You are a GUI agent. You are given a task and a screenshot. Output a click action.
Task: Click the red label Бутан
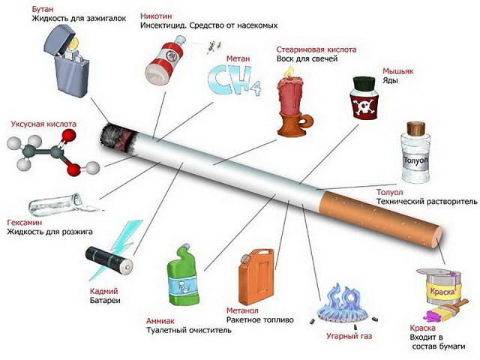(43, 9)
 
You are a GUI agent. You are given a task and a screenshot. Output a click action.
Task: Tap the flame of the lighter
(73, 44)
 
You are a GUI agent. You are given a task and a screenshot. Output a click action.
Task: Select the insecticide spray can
(163, 60)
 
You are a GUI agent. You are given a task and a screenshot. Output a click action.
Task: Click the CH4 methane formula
(235, 80)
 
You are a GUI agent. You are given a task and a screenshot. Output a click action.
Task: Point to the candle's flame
(287, 72)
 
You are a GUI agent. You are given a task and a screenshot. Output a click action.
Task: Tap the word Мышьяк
(398, 71)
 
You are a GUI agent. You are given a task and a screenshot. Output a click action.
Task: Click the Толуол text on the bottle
(415, 160)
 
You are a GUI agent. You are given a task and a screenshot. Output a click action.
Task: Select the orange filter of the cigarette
(379, 218)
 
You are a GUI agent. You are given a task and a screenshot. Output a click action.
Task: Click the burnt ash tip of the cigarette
(117, 137)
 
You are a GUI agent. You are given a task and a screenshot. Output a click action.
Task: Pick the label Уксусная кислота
(43, 124)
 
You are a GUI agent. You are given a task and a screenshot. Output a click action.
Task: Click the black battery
(109, 261)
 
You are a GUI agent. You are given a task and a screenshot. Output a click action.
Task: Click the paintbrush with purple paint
(446, 310)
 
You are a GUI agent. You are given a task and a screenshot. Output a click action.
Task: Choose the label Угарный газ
(349, 336)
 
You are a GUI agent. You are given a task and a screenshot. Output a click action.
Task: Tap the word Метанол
(242, 310)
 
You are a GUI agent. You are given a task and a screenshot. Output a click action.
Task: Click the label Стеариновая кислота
(316, 49)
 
